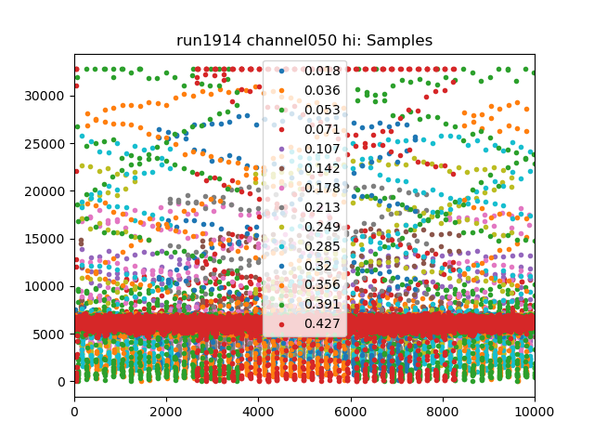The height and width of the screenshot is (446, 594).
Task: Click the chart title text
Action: tap(304, 41)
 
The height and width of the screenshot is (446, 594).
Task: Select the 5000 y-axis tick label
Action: tap(51, 334)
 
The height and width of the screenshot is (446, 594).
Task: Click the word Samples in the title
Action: tap(402, 41)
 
